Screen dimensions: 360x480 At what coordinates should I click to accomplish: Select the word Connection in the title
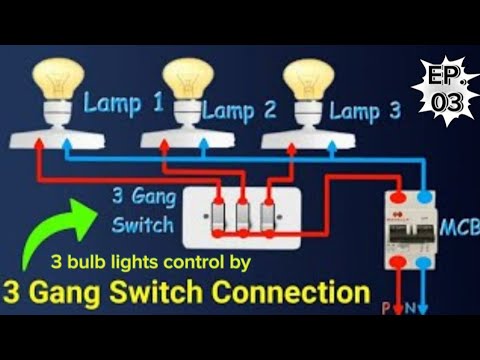pos(292,295)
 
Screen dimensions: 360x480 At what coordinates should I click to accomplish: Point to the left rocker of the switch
pos(220,216)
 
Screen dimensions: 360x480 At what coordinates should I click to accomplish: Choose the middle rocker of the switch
pos(243,216)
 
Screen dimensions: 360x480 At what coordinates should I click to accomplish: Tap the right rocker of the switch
pos(267,216)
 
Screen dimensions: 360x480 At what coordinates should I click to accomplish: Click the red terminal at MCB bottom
pos(403,267)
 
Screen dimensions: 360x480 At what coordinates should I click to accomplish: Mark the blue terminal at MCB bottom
pos(426,267)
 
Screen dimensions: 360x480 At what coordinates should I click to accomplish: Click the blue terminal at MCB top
pos(427,197)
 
